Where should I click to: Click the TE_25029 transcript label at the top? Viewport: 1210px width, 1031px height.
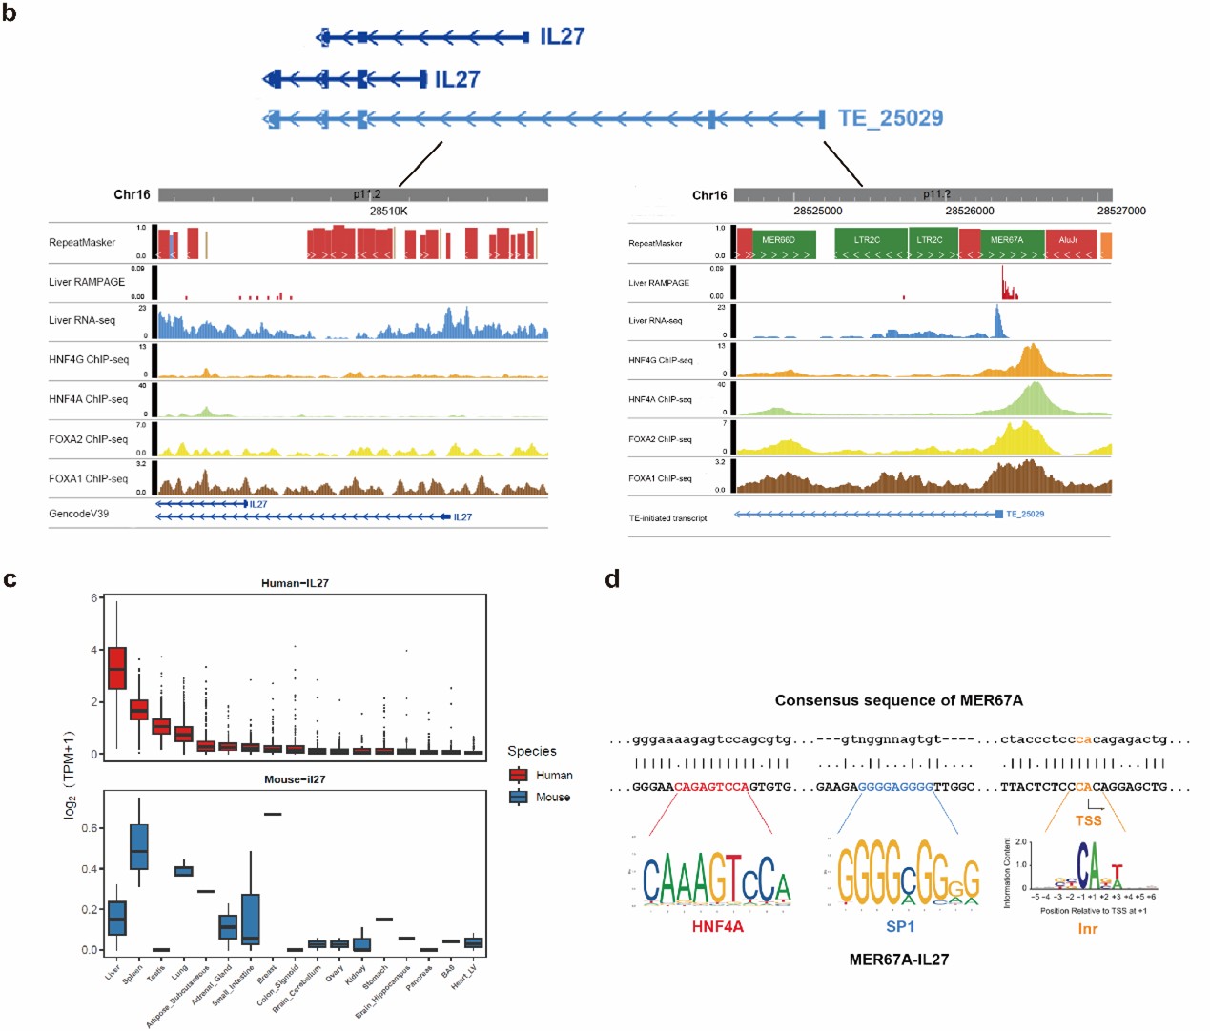click(x=890, y=118)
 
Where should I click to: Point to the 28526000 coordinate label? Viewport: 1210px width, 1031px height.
click(x=970, y=211)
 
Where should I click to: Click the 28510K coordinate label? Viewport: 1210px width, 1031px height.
click(x=388, y=211)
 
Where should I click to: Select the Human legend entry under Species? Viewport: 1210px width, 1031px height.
click(x=553, y=776)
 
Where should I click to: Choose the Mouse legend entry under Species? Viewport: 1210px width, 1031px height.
click(x=552, y=798)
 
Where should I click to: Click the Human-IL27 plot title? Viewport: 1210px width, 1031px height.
click(x=295, y=583)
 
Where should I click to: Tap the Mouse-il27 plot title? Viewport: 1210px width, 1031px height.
click(x=295, y=779)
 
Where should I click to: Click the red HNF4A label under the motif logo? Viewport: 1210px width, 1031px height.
click(x=717, y=926)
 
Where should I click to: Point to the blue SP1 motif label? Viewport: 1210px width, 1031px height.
click(x=900, y=926)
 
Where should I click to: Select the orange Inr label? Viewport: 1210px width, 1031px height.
click(x=1087, y=929)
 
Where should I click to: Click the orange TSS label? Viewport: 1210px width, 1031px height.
click(x=1088, y=820)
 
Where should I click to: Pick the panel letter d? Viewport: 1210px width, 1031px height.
click(x=612, y=579)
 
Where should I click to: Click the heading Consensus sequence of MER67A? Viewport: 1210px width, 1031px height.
click(x=898, y=700)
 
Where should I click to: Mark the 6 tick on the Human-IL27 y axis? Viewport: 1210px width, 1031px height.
click(x=94, y=598)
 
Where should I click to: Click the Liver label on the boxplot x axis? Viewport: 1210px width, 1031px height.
click(x=113, y=972)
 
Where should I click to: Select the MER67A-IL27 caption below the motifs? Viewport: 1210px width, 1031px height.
click(x=899, y=960)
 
